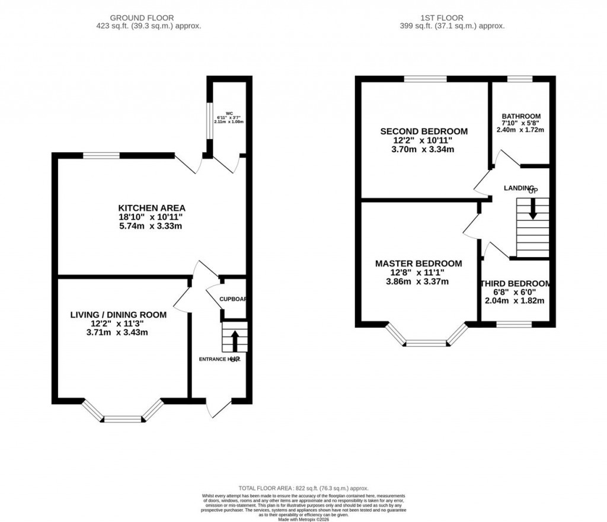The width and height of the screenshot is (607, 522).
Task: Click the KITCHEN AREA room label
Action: tap(152, 208)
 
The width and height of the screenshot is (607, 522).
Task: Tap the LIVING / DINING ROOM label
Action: tap(118, 315)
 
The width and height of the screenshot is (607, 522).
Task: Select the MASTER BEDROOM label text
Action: tap(418, 263)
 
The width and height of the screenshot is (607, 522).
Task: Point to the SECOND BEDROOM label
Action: tap(424, 132)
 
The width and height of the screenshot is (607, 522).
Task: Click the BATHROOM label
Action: tap(521, 116)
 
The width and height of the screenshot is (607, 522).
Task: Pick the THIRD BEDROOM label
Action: tap(515, 284)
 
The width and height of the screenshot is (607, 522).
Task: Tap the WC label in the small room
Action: tap(229, 112)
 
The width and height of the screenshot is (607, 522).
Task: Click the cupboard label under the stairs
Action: tap(232, 299)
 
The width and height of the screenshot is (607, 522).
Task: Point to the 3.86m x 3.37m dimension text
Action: tap(417, 281)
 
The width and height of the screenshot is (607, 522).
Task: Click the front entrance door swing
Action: tap(220, 408)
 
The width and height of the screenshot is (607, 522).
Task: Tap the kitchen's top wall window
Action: tap(101, 156)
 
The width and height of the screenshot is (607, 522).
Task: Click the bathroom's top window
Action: tap(519, 79)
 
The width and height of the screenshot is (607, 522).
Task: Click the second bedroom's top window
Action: tap(426, 79)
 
